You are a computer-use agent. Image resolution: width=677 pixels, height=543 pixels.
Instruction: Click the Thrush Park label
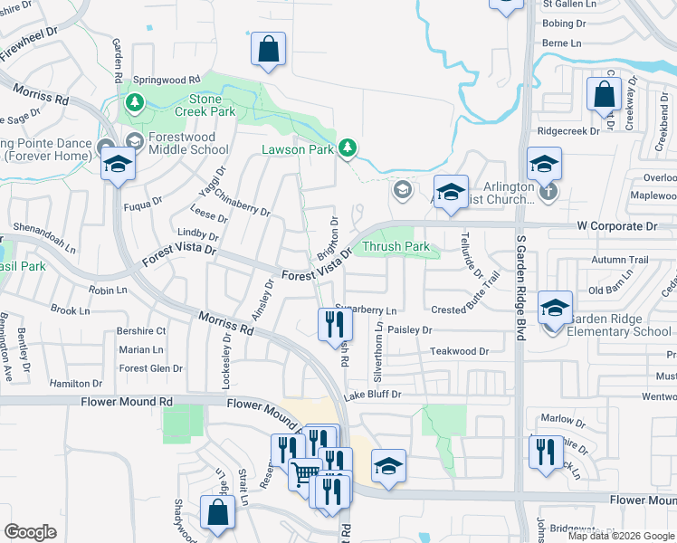click(x=396, y=246)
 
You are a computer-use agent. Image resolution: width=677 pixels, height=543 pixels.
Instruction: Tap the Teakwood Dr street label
click(x=459, y=351)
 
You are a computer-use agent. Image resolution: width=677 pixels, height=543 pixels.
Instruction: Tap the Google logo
click(x=30, y=532)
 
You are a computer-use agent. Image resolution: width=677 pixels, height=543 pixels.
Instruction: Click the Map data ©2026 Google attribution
click(x=621, y=536)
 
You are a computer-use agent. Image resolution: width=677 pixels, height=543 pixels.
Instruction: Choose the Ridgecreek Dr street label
click(x=568, y=130)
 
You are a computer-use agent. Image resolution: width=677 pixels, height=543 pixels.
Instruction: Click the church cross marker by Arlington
click(x=547, y=192)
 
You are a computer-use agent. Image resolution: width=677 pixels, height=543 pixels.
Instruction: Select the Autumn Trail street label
click(x=620, y=260)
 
